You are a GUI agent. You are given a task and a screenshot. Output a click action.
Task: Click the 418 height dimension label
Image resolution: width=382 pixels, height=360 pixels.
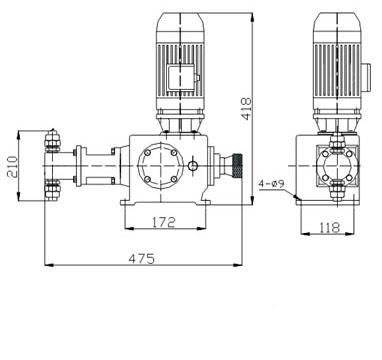click(x=247, y=109)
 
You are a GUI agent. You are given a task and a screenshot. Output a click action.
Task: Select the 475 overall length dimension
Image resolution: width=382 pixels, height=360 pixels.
click(x=142, y=259)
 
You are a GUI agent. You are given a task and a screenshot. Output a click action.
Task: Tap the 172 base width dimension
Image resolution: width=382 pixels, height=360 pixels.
click(x=164, y=222)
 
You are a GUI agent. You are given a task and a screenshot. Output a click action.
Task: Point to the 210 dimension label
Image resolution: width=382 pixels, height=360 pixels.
click(x=12, y=167)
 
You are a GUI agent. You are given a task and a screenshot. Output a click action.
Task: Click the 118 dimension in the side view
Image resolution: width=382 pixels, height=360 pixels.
click(x=330, y=228)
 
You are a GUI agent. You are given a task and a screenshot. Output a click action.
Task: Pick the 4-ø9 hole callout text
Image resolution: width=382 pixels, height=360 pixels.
click(x=272, y=184)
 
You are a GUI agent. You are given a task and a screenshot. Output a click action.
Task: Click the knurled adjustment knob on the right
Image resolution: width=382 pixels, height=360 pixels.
click(x=237, y=165)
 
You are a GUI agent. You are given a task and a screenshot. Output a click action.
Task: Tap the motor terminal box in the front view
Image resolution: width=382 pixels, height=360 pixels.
click(x=182, y=78)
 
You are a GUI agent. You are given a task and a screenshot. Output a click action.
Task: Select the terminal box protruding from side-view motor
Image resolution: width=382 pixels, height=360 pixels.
click(x=366, y=78)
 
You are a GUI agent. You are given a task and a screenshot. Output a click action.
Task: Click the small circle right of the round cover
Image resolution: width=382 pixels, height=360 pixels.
click(x=192, y=165)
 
